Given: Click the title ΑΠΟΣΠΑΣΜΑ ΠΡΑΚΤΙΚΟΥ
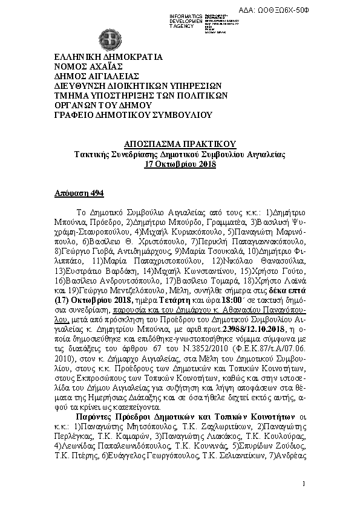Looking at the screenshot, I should coord(179,144).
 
